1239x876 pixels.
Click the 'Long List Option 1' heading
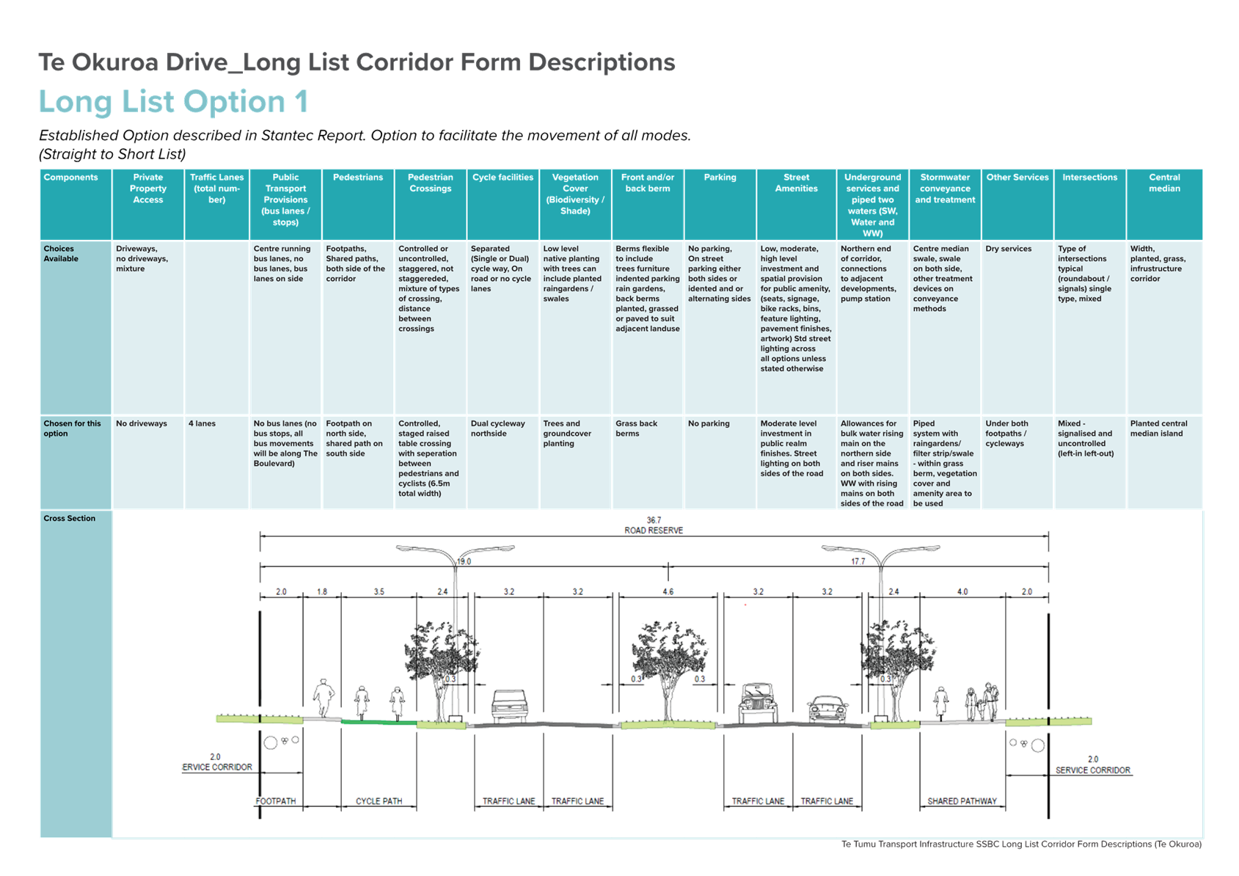tap(173, 102)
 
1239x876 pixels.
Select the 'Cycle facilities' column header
tap(502, 178)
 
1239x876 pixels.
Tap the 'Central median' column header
tap(1164, 183)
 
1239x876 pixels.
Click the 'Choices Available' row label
tap(61, 254)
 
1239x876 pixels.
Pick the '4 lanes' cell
tap(202, 423)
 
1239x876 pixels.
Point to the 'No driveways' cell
tap(141, 423)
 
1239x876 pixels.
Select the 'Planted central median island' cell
tap(1159, 428)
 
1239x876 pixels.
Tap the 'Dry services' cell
tap(1009, 249)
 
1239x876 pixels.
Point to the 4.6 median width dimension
tap(668, 592)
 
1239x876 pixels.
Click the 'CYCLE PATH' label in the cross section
tap(379, 801)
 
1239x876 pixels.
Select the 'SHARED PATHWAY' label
tap(962, 801)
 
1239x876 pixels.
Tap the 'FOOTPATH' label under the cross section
tap(276, 801)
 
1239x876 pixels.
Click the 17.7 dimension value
tap(858, 562)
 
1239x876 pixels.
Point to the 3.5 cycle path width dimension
tap(379, 592)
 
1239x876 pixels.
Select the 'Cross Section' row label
tap(69, 519)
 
